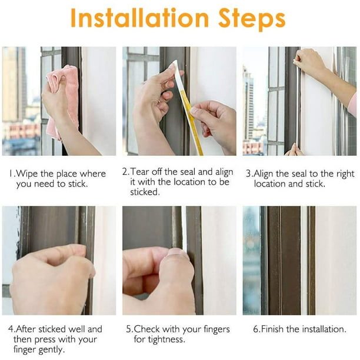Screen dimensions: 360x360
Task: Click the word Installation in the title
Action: [x=139, y=18]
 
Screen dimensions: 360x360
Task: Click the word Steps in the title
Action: [x=252, y=19]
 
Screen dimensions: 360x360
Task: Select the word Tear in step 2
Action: [x=140, y=172]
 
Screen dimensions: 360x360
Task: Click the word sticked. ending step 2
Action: [x=145, y=192]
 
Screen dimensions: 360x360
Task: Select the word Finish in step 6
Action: [x=272, y=329]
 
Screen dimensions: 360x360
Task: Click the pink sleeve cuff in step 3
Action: [x=352, y=104]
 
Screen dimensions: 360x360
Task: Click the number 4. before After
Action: [x=12, y=329]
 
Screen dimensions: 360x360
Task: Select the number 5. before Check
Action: [x=130, y=329]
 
